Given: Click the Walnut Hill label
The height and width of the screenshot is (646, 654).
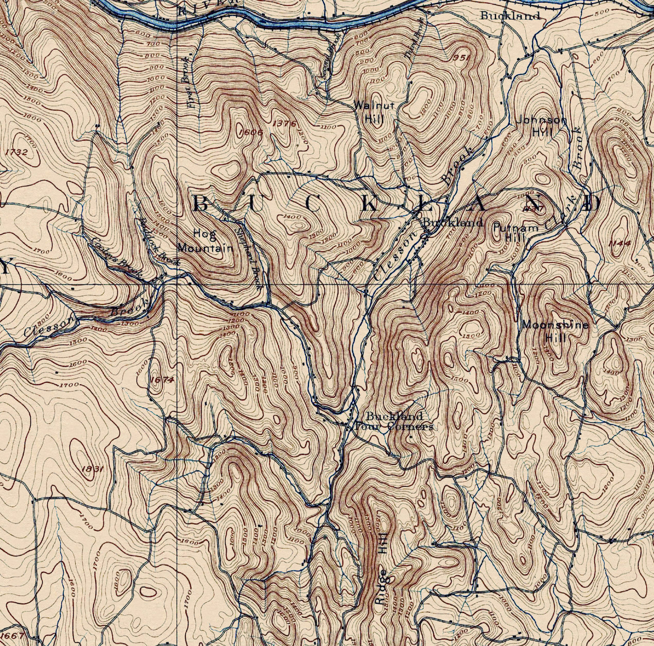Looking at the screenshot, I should [x=373, y=111].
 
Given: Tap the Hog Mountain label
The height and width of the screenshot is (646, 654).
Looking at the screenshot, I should [x=205, y=241].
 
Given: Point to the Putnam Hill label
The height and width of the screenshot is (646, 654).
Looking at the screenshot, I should [x=515, y=232].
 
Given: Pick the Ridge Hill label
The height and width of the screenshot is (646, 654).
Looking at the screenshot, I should [x=381, y=572].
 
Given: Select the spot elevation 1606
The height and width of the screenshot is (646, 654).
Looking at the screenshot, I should [x=251, y=132].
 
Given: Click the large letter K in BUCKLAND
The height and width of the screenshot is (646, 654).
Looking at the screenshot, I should [x=369, y=203].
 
